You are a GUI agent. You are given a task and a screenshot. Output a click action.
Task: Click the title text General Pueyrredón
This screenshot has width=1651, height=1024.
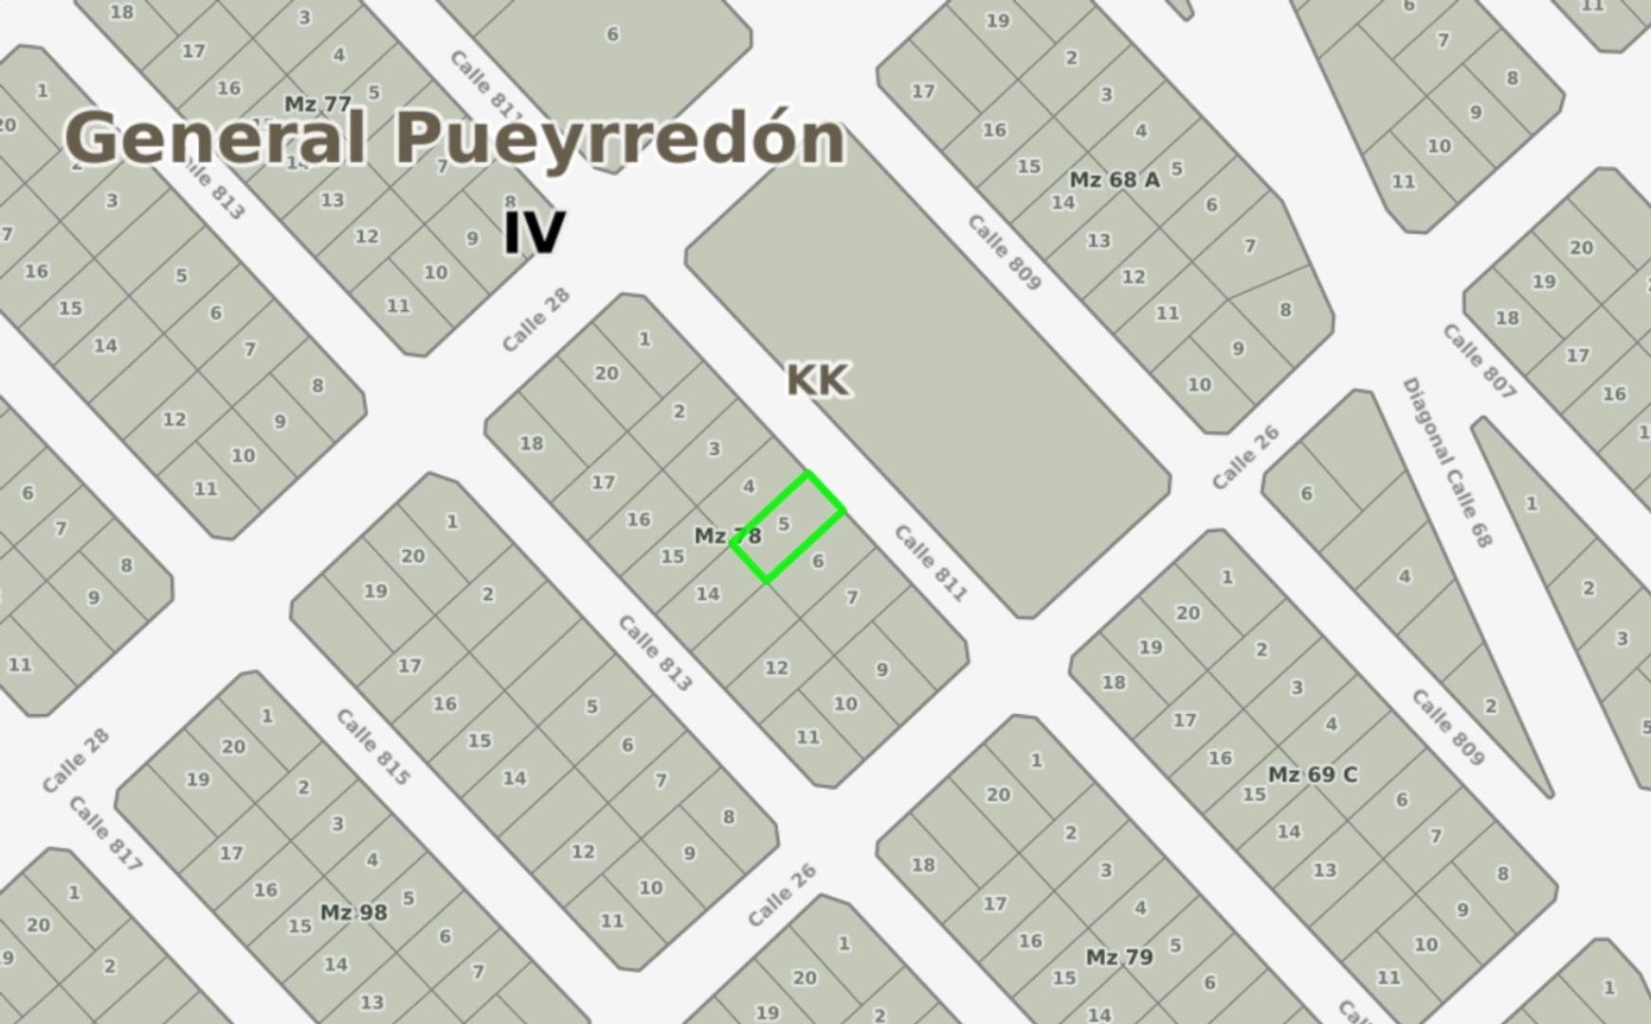pos(455,138)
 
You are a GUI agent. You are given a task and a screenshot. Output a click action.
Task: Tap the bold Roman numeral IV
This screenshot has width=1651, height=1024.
pos(534,232)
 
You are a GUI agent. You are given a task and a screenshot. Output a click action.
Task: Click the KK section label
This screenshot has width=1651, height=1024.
pos(817,380)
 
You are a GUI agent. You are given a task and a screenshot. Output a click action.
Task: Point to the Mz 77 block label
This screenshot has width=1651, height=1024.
pos(317,103)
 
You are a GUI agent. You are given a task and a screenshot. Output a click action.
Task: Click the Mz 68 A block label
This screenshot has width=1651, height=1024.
pos(1114,179)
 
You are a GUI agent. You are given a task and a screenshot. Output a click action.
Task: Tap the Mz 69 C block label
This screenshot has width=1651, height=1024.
pos(1312,775)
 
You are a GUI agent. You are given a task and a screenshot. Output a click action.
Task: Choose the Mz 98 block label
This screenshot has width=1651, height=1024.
pos(353,912)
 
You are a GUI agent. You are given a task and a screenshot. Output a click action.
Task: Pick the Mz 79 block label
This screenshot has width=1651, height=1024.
pos(1118,957)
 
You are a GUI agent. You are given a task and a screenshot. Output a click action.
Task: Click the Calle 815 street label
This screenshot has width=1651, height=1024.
pos(373,747)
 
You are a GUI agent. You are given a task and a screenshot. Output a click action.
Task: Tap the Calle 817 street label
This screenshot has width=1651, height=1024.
pos(105,833)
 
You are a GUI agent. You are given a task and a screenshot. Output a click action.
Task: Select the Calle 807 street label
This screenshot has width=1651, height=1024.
pos(1479,361)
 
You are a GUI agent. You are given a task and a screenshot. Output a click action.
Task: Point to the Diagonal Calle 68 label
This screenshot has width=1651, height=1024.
pos(1446,463)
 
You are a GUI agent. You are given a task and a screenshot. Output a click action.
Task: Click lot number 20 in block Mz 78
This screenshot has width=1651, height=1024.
pos(607,374)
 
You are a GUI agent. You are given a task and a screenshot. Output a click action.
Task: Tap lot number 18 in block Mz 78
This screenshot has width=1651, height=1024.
pos(531,443)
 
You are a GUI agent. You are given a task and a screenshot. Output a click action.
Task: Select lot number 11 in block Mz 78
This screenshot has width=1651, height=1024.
pos(807,737)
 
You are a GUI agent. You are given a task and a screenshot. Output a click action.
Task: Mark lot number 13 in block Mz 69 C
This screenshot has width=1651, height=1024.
pos(1324,869)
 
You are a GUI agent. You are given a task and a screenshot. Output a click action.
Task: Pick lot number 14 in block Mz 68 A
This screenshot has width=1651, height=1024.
pos(1062,203)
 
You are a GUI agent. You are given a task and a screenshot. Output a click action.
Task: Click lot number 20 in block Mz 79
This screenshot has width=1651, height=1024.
pos(998,795)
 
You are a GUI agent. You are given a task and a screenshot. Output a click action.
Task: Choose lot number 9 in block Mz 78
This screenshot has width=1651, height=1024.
pos(881,669)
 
